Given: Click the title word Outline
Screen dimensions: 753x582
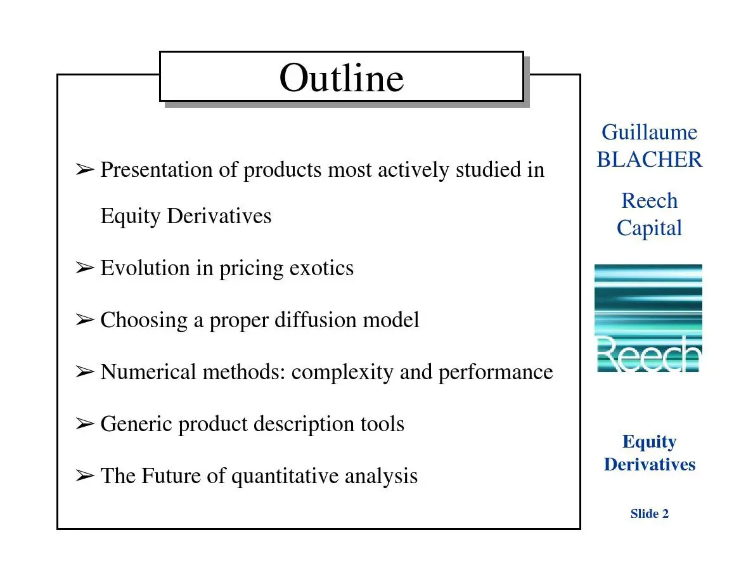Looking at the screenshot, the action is pos(342,78).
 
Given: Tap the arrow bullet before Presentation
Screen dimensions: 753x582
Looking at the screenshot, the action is pos(85,169).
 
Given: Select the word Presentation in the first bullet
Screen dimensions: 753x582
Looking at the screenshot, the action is pos(157,169).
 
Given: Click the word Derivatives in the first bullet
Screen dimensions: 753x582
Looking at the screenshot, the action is pos(219,216).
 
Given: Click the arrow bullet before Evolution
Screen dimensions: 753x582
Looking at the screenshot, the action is pos(85,268).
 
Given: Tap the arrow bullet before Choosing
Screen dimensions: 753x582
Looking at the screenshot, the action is pos(85,320).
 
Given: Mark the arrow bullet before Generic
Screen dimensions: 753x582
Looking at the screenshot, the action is pos(85,424).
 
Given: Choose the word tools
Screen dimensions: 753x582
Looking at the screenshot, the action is pos(382,424).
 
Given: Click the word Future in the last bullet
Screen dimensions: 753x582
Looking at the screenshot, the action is pos(171,475).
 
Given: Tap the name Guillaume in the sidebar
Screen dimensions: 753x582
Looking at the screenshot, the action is pos(649,132).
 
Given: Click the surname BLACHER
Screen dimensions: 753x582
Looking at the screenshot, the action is pos(649,159).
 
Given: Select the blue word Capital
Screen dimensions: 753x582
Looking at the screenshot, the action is pos(649,228).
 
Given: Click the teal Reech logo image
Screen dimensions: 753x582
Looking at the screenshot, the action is pos(648,318).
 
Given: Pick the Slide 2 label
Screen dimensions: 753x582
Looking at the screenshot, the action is pos(649,514).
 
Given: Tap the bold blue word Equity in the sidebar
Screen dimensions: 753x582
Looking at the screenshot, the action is pos(649,442).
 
